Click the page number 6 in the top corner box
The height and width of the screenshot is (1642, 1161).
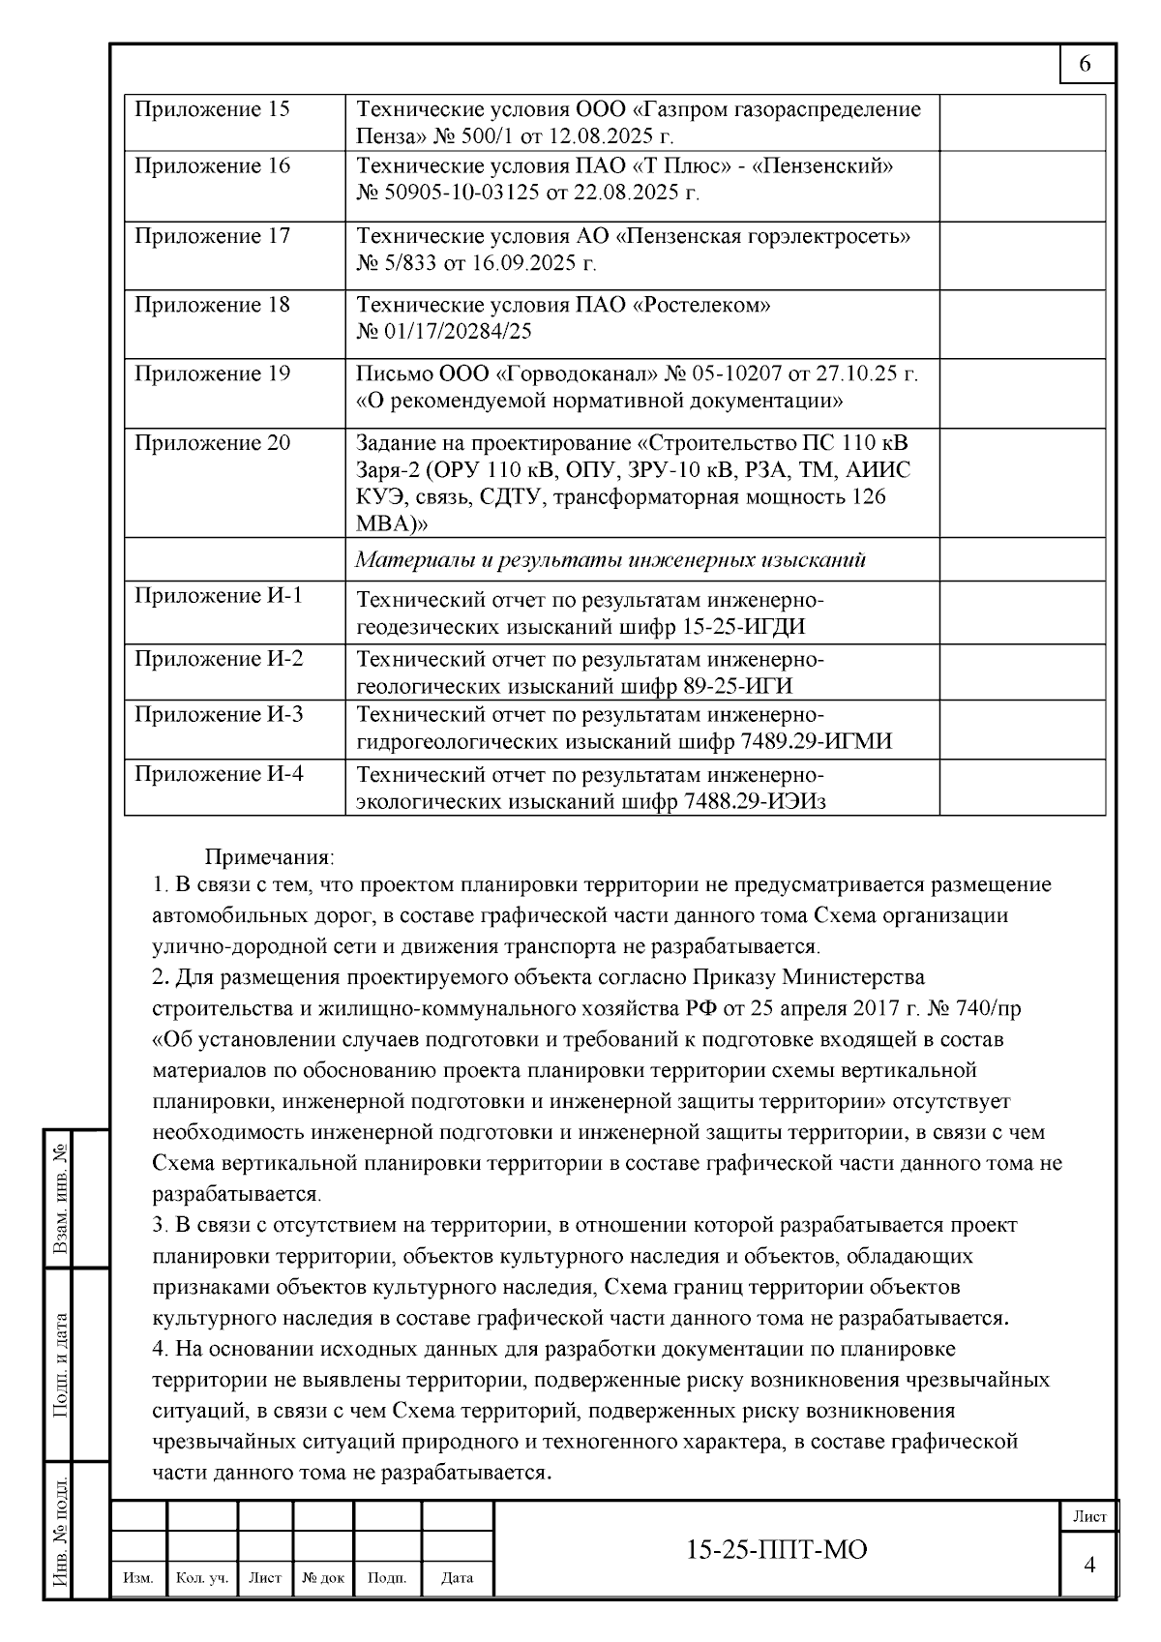(1085, 65)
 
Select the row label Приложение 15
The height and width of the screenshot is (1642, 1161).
(212, 109)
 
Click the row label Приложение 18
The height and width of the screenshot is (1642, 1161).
(212, 305)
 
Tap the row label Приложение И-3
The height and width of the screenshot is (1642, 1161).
(219, 715)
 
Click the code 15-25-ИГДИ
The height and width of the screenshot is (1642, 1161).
(744, 627)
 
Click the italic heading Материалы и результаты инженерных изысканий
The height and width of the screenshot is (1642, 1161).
(610, 560)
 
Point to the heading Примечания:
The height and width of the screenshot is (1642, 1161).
(269, 857)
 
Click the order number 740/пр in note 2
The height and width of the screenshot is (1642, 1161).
(987, 1008)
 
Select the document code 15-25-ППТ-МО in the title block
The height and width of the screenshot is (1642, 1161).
(776, 1550)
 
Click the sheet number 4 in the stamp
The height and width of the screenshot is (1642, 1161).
(1089, 1565)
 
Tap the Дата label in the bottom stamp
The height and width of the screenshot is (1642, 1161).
(458, 1578)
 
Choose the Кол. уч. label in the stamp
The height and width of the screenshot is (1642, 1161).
(202, 1578)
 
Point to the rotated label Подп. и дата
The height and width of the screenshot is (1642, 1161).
(60, 1365)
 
